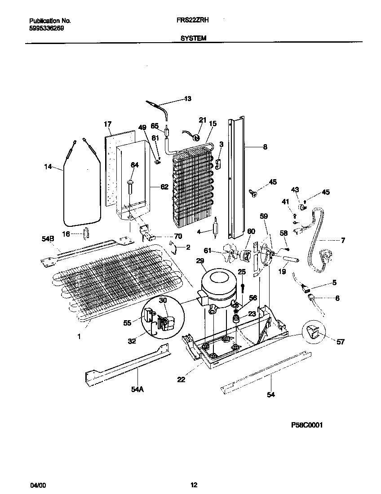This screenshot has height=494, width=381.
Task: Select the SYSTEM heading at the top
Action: [x=193, y=39]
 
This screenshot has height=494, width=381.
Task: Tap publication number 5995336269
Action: [x=46, y=27]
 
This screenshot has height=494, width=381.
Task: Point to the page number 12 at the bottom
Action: [x=194, y=485]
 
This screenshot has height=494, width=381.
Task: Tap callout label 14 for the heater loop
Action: [x=49, y=167]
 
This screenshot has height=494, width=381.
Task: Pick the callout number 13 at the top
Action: [x=188, y=99]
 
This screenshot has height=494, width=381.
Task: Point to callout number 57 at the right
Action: [x=341, y=342]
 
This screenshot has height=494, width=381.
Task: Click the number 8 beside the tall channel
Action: [x=265, y=146]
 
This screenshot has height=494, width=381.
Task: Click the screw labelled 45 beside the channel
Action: [x=253, y=194]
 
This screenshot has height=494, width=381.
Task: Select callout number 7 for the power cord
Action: [x=343, y=241]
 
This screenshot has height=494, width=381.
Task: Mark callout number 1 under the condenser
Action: [x=79, y=335]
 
